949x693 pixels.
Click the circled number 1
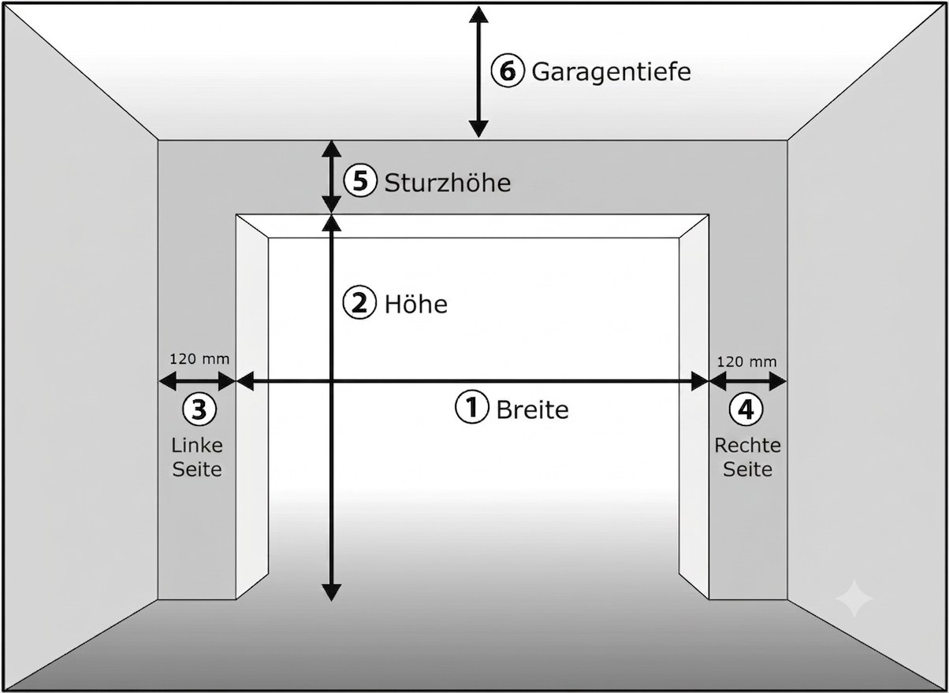point(472,406)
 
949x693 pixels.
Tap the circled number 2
point(359,302)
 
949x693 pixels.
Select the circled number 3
point(199,409)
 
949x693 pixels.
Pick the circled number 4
point(746,409)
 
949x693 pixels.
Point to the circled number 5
point(360,180)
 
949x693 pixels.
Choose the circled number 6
point(508,70)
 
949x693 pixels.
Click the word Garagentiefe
point(611,72)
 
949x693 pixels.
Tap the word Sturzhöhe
point(448,183)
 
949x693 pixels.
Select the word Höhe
point(416,304)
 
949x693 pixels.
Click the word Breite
point(533,409)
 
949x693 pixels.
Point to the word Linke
point(197,446)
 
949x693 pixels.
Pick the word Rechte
point(748,446)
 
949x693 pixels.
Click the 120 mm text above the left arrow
point(199,359)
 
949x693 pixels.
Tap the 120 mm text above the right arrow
point(747,362)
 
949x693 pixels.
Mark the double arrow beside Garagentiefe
point(478,72)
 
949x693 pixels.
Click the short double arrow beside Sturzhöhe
point(331,177)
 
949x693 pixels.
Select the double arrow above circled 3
point(197,381)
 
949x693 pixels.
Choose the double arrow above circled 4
point(748,382)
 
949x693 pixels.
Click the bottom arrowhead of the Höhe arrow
point(331,593)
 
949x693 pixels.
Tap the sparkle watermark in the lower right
point(854,598)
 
